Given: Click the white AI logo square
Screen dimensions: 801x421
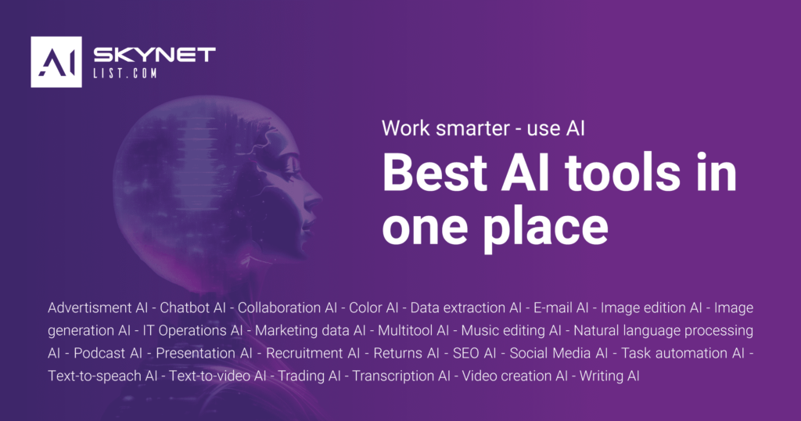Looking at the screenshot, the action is tap(56, 62).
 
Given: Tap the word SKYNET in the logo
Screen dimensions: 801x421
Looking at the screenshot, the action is tap(154, 55).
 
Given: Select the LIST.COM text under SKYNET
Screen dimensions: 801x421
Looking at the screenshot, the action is tap(124, 73).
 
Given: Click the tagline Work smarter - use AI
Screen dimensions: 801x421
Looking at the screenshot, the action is tap(483, 128).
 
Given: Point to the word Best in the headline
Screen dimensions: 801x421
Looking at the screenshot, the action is tap(435, 173).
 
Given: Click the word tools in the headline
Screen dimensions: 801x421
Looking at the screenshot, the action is tap(622, 173).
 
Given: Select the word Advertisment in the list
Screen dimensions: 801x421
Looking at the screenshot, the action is tap(90, 308).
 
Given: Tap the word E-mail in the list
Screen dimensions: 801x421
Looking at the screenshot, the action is tap(553, 308).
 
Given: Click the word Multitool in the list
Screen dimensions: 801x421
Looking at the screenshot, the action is tap(406, 330).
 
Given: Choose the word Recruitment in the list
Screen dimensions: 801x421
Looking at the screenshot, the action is tap(305, 353).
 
